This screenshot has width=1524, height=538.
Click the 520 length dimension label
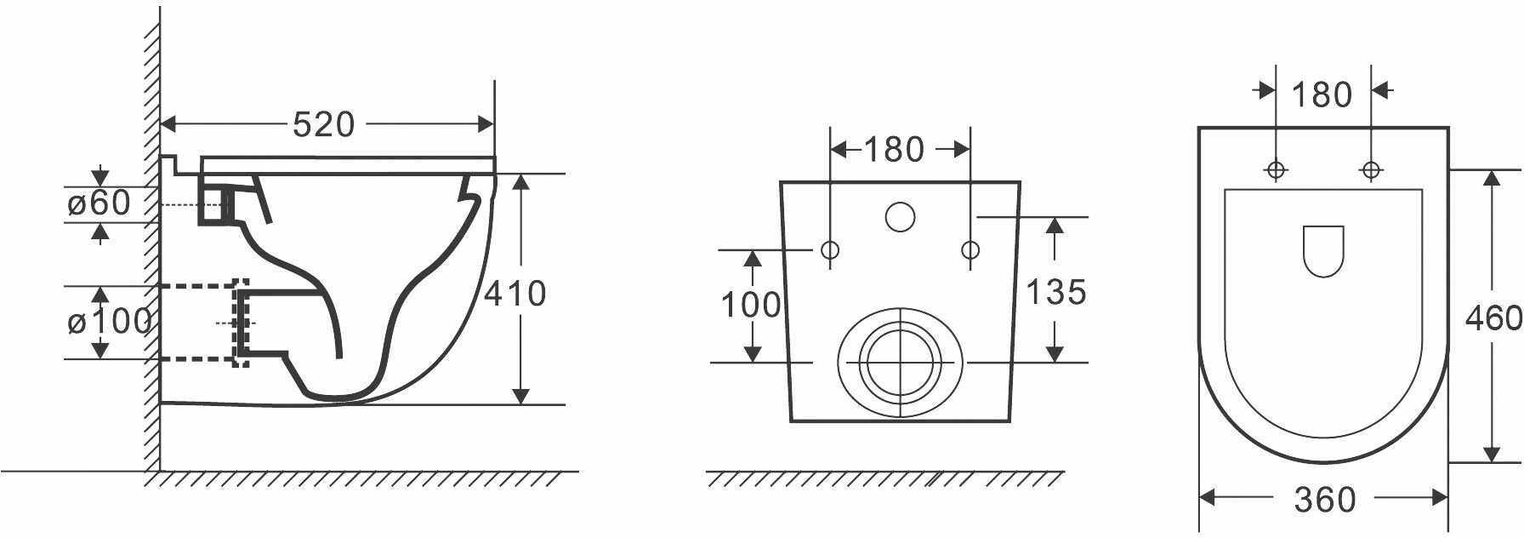tap(323, 125)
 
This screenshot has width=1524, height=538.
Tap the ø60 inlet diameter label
tap(99, 203)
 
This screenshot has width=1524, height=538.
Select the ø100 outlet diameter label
tap(109, 322)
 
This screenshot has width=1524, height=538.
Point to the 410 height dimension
tap(515, 294)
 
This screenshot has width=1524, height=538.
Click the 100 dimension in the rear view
tap(750, 304)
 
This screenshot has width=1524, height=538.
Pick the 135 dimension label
tap(1055, 293)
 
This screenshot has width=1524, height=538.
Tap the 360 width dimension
tap(1324, 500)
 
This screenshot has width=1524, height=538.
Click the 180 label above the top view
tap(1322, 95)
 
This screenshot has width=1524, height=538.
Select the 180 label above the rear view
tap(893, 151)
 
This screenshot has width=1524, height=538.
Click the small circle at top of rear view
tap(900, 217)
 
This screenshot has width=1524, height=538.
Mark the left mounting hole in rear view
tap(830, 250)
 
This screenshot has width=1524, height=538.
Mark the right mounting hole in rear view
tap(970, 250)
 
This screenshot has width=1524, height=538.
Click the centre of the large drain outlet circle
tap(900, 362)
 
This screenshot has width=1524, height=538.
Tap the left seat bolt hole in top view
tap(1276, 170)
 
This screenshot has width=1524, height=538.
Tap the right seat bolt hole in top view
tap(1370, 170)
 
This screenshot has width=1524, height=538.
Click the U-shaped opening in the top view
tap(1322, 251)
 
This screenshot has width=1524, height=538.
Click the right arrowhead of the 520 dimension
tap(487, 124)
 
